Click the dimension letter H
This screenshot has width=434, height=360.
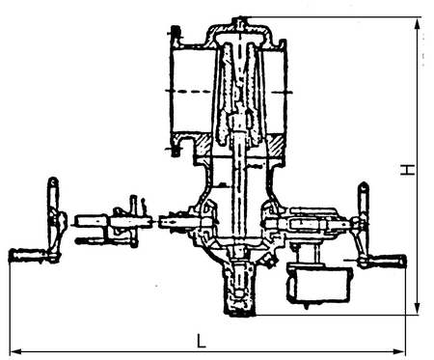407,170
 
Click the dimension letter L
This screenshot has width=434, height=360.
202,341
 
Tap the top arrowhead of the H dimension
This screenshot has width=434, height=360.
418,24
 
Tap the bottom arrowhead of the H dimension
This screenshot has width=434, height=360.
418,308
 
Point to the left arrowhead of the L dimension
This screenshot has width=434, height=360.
17,351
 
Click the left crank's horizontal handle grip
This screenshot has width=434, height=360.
27,255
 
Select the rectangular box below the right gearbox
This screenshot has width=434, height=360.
319,284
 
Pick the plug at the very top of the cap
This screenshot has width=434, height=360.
240,22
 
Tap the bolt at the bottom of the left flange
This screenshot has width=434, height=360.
176,150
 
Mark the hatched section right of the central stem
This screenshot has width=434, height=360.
275,145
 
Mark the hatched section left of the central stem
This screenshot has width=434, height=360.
203,145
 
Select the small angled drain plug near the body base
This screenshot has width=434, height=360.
269,259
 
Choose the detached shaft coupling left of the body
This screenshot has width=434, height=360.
113,225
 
